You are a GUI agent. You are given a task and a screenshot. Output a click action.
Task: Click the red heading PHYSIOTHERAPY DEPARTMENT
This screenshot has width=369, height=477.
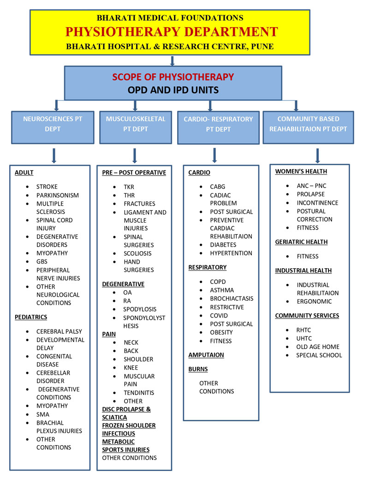[x=172, y=32]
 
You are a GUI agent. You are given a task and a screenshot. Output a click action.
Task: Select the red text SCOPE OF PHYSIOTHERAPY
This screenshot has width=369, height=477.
[x=173, y=77]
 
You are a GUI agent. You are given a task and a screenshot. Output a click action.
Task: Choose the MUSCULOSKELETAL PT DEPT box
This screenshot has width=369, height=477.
[x=136, y=124]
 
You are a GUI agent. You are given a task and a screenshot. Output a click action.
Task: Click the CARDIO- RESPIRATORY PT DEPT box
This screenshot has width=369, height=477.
[x=218, y=124]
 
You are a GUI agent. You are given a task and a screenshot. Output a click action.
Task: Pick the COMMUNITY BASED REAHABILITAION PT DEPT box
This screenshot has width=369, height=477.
[x=308, y=124]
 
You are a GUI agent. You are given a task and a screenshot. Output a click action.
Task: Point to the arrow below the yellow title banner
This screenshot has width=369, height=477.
[x=172, y=61]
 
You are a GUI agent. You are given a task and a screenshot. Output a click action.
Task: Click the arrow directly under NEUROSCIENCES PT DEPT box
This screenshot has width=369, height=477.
[x=54, y=155]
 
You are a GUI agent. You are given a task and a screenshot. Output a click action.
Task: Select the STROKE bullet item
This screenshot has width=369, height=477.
[x=47, y=187]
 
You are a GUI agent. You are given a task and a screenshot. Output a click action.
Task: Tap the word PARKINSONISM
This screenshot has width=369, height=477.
[x=58, y=195]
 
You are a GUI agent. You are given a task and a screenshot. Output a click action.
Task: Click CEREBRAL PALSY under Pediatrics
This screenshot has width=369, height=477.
[x=59, y=331]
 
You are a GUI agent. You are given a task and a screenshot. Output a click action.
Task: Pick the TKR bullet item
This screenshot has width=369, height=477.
[x=129, y=187]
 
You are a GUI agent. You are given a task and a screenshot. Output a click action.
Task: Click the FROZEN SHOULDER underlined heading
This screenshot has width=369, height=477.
[x=129, y=425]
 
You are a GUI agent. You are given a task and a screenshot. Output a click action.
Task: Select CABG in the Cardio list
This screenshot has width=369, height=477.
[x=217, y=187]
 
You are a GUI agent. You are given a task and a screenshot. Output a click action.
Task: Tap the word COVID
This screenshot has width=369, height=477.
[x=219, y=316]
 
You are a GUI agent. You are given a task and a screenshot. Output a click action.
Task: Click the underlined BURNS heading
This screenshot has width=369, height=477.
[x=198, y=369]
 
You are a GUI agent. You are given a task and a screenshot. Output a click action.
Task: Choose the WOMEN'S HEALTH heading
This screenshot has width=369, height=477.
[x=301, y=171]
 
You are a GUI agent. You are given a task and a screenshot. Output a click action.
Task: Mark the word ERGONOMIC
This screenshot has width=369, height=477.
[x=314, y=301]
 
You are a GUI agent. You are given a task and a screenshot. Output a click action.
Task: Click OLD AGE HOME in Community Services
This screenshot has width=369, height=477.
[x=318, y=347]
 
